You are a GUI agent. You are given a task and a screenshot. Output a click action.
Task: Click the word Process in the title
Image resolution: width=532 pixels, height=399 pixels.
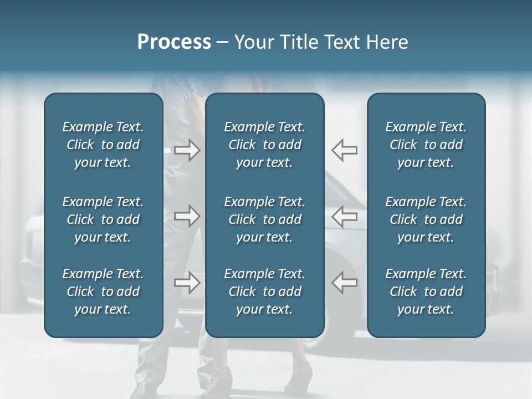click(x=174, y=42)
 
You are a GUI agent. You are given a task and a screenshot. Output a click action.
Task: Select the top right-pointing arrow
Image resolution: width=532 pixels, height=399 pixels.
click(x=187, y=150)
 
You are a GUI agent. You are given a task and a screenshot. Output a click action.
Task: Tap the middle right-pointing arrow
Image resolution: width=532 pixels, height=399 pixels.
click(x=187, y=216)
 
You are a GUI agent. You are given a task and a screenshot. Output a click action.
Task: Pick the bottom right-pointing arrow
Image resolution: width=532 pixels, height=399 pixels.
click(x=187, y=283)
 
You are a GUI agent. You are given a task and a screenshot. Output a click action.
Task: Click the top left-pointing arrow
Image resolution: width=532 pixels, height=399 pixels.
click(x=345, y=150)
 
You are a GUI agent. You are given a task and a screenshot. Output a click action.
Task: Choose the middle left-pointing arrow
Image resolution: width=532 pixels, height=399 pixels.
click(x=345, y=216)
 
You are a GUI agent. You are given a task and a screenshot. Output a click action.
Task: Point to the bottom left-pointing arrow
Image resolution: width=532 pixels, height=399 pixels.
click(x=345, y=283)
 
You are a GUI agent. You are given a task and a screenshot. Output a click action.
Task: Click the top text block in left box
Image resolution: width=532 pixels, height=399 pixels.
click(x=103, y=145)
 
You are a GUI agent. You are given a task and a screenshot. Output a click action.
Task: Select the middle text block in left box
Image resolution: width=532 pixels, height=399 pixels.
click(x=103, y=219)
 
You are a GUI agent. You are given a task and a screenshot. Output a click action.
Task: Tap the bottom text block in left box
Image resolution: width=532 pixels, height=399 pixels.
click(x=103, y=291)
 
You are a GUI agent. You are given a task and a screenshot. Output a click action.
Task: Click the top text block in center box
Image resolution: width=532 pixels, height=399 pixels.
click(x=265, y=145)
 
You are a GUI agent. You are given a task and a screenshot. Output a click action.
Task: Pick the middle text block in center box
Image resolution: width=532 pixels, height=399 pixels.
click(x=265, y=219)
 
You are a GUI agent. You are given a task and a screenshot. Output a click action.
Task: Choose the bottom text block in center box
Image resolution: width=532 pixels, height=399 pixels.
click(x=265, y=291)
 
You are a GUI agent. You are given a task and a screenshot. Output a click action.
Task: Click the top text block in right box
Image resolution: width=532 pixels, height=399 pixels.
click(x=426, y=145)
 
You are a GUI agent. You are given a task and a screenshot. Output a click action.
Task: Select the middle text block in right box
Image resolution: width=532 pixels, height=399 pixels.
click(x=426, y=219)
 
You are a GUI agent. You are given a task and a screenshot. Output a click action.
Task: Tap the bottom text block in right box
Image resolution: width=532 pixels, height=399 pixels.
click(x=426, y=291)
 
